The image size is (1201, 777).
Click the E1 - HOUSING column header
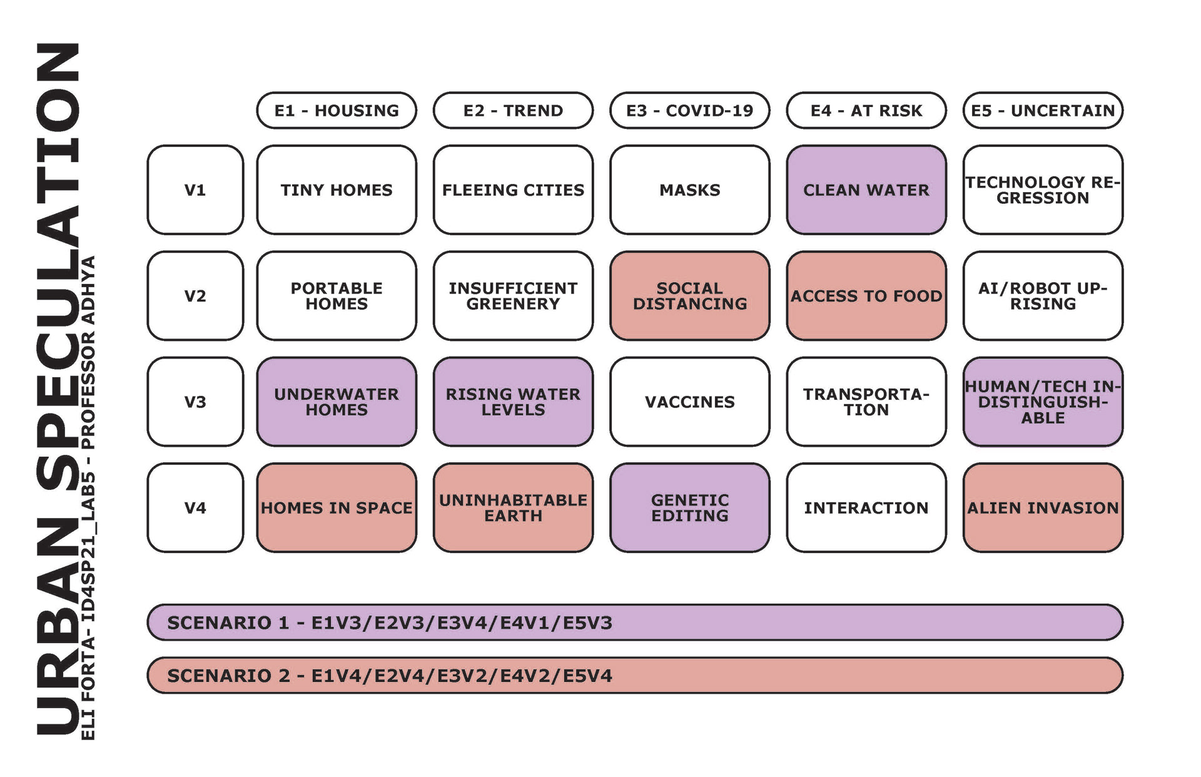coord(336,111)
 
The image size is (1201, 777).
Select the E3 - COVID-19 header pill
coord(689,111)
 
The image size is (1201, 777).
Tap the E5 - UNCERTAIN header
coord(1043,111)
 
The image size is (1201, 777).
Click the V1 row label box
coord(195,190)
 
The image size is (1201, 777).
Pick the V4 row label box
coord(195,508)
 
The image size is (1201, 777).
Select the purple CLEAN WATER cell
coord(866,190)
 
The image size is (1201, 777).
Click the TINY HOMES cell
coord(336,190)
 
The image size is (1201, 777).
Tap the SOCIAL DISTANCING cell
coord(689,296)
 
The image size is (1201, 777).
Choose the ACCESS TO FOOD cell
coord(866,296)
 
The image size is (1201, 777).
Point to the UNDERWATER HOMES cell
coord(336,402)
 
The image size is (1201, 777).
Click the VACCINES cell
coord(689,402)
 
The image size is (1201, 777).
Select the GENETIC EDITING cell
coord(689,508)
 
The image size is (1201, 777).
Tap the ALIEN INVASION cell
coord(1043,508)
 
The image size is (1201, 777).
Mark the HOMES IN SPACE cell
coord(336,508)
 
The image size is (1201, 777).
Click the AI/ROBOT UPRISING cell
coord(1043,296)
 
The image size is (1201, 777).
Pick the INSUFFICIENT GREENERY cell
coord(513,296)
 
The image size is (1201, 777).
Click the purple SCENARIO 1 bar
coord(634,622)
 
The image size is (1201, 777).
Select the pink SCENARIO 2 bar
coord(634,676)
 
